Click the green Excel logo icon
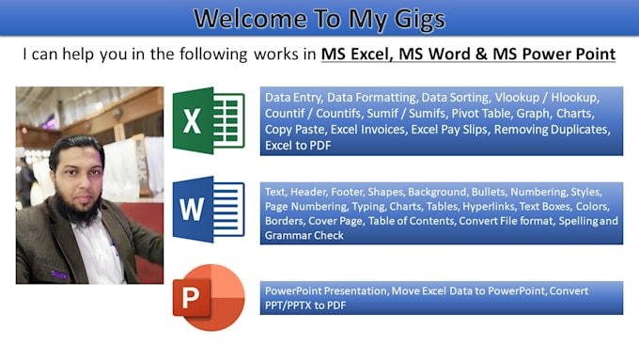tap(208, 118)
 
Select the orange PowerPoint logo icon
tap(208, 298)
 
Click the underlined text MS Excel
tap(355, 55)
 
